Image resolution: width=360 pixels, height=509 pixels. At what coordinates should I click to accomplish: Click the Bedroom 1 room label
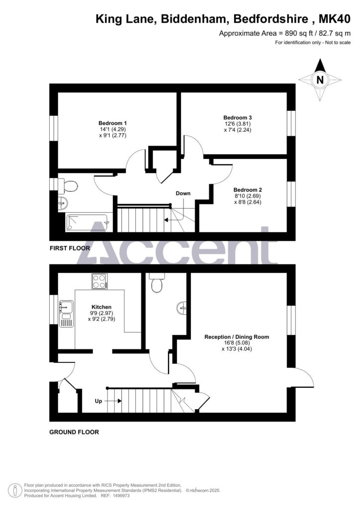click(x=113, y=123)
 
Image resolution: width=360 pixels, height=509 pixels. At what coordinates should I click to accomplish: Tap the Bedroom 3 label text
click(x=237, y=117)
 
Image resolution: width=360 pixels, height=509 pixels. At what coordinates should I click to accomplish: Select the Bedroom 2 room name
click(x=247, y=190)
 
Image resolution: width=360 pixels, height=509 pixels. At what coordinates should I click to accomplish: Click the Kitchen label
click(x=101, y=307)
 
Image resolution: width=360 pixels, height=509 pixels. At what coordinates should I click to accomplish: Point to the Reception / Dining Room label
click(x=237, y=337)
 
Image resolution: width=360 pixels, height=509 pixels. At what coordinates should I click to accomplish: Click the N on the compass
click(x=320, y=80)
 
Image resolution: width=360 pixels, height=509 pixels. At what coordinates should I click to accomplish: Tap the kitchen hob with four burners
click(x=99, y=281)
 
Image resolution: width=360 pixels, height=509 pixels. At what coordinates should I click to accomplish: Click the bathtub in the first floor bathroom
click(x=88, y=223)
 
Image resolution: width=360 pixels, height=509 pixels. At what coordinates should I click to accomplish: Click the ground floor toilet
click(x=157, y=283)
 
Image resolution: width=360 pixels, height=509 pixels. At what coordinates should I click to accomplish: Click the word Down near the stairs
click(x=183, y=193)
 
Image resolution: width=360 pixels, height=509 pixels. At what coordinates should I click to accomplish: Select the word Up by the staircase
click(x=98, y=401)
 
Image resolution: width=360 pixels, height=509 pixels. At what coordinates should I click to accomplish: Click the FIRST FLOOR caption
click(x=70, y=249)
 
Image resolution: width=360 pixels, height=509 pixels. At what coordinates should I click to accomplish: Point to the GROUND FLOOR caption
click(x=74, y=432)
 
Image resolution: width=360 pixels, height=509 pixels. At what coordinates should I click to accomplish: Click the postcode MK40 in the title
click(x=335, y=19)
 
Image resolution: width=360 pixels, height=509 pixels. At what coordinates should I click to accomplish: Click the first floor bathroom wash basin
click(x=63, y=203)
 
